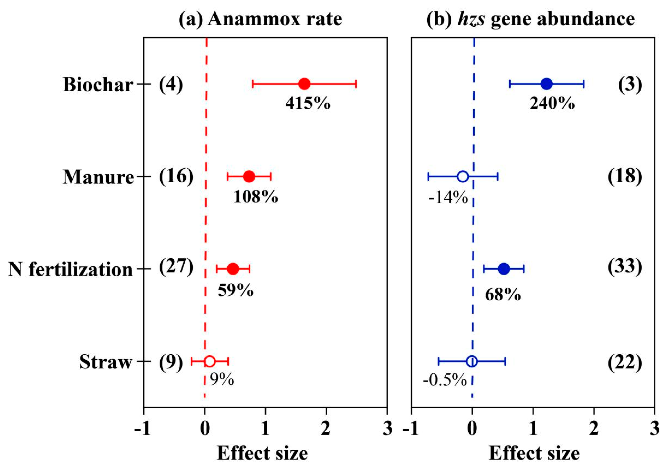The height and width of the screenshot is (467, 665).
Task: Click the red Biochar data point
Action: pyautogui.click(x=304, y=84)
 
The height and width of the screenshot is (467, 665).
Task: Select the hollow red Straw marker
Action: pyautogui.click(x=209, y=361)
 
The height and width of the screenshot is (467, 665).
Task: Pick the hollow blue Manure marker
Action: pyautogui.click(x=463, y=176)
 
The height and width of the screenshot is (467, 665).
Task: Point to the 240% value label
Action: pyautogui.click(x=552, y=103)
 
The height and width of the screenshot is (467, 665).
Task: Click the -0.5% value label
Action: pyautogui.click(x=445, y=380)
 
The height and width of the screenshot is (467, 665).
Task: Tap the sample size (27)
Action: pyautogui.click(x=176, y=266)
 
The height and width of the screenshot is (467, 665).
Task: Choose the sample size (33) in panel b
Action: pyautogui.click(x=625, y=266)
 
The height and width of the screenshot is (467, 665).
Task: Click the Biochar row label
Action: pyautogui.click(x=98, y=85)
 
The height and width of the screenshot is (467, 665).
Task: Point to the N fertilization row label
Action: pyautogui.click(x=70, y=270)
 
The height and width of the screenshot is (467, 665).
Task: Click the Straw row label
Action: pyautogui.click(x=106, y=362)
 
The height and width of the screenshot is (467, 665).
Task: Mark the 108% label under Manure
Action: pyautogui.click(x=256, y=197)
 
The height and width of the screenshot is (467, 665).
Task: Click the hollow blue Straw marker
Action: pyautogui.click(x=472, y=361)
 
